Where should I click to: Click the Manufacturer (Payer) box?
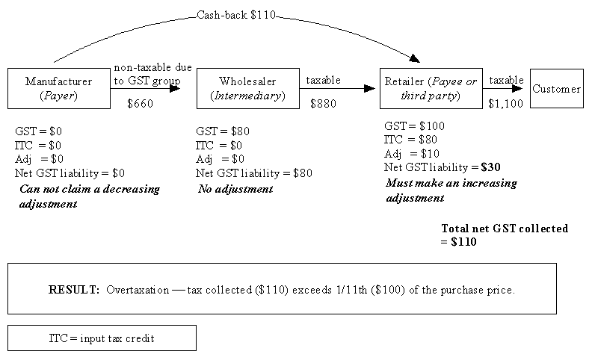point(58,88)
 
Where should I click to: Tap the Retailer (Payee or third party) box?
point(430,88)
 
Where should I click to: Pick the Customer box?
point(556,88)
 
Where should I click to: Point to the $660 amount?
point(140,104)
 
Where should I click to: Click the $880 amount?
point(323,104)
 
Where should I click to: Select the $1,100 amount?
point(505,104)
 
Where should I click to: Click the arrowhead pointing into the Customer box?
point(517,88)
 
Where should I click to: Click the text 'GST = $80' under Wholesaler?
point(223,131)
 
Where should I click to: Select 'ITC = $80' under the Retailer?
point(410,140)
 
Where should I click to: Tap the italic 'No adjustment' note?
point(235,189)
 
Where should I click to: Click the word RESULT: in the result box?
point(75,289)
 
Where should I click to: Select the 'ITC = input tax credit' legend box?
point(102,338)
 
